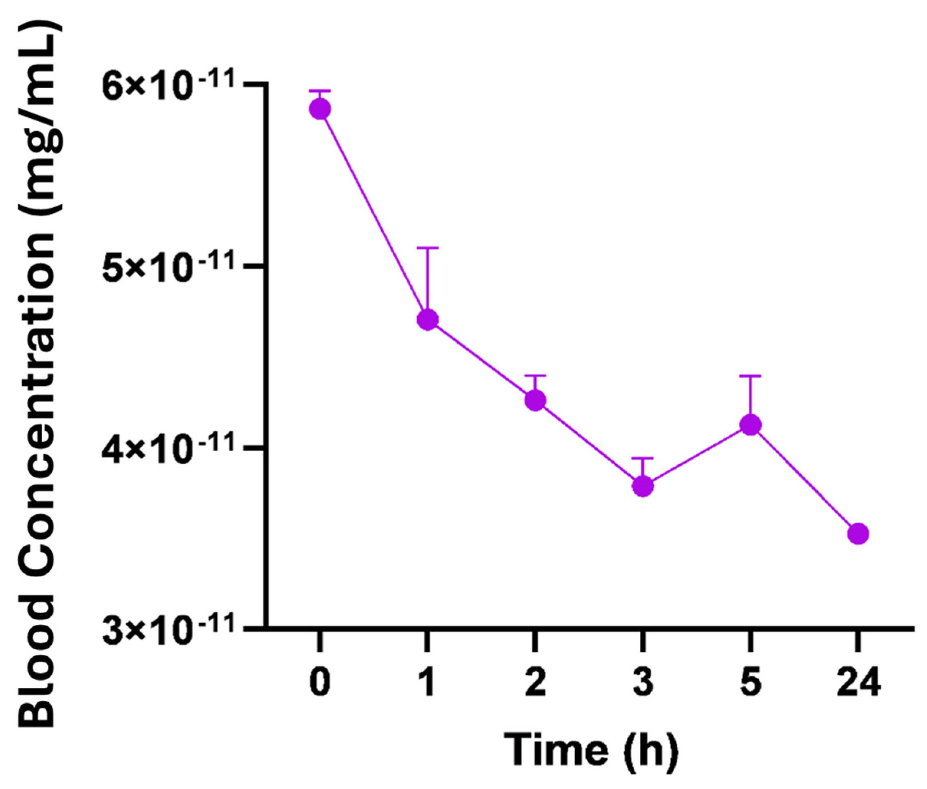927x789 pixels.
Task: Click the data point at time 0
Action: pyautogui.click(x=320, y=109)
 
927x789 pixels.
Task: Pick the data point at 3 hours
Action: pyautogui.click(x=643, y=486)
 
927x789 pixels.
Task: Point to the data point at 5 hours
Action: pyautogui.click(x=751, y=424)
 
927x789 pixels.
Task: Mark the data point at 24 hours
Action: pyautogui.click(x=858, y=533)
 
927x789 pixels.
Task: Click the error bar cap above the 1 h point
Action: pyautogui.click(x=428, y=248)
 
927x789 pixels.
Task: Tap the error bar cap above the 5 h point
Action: pyautogui.click(x=751, y=376)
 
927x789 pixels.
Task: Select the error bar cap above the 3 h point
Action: pyautogui.click(x=643, y=458)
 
